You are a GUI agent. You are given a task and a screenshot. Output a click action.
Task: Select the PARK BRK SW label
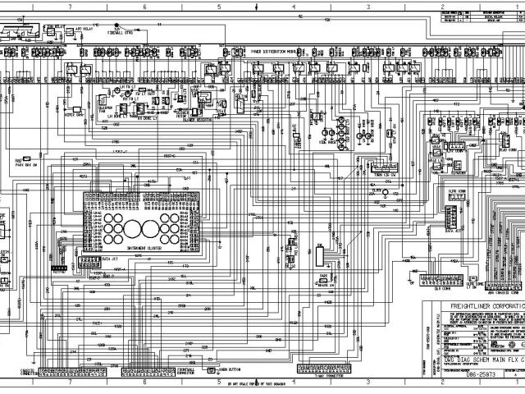click(x=29, y=165)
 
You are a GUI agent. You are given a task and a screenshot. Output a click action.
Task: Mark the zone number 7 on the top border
click(x=69, y=6)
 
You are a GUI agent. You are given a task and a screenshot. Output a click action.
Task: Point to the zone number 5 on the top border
click(x=218, y=6)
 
